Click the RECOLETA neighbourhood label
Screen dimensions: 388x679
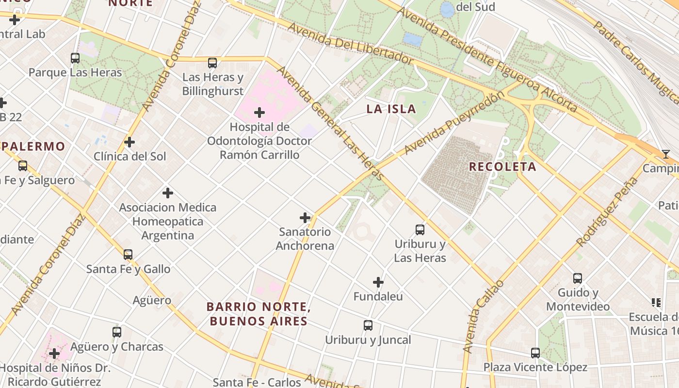pyautogui.click(x=502, y=167)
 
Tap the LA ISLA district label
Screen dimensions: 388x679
pyautogui.click(x=391, y=109)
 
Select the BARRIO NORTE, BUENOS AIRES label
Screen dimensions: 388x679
pyautogui.click(x=258, y=314)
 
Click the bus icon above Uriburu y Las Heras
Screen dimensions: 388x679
pyautogui.click(x=420, y=230)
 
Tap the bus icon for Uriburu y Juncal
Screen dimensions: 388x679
pyautogui.click(x=368, y=325)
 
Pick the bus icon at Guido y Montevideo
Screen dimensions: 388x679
pyautogui.click(x=577, y=278)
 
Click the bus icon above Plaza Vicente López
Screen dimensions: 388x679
pyautogui.click(x=535, y=353)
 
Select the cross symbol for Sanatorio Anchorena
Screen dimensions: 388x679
pyautogui.click(x=305, y=218)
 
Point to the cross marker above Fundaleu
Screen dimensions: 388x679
pyautogui.click(x=378, y=282)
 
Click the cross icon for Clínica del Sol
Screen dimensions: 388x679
pyautogui.click(x=129, y=142)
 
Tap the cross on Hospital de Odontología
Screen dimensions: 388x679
pyautogui.click(x=259, y=113)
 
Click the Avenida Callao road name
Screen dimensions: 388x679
pyautogui.click(x=483, y=316)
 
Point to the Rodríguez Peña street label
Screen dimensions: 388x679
pyautogui.click(x=607, y=211)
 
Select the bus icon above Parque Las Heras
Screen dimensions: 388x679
pyautogui.click(x=75, y=58)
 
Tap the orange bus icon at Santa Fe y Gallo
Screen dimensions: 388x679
pyautogui.click(x=128, y=255)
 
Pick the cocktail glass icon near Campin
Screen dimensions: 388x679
pyautogui.click(x=666, y=154)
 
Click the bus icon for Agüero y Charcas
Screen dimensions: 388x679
pyautogui.click(x=117, y=332)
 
